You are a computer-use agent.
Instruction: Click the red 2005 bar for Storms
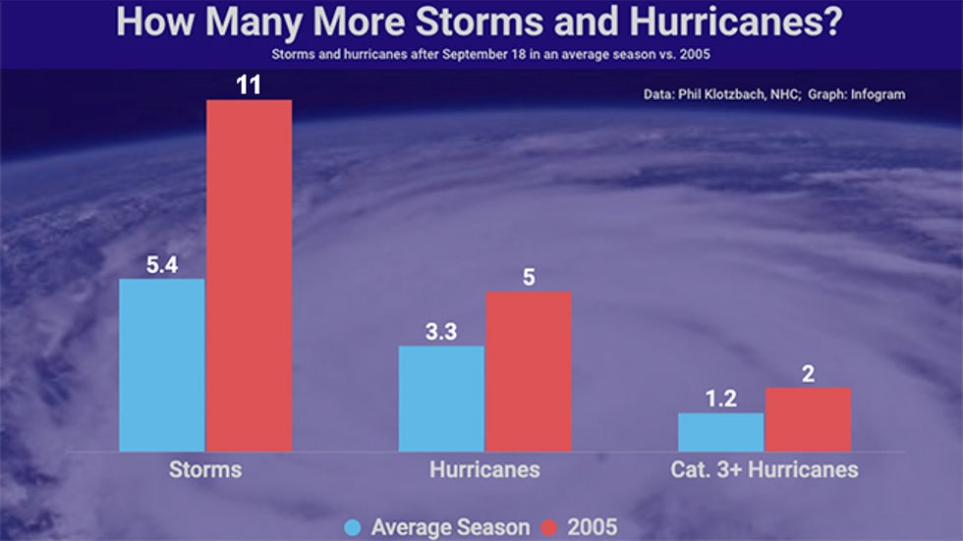click(249, 275)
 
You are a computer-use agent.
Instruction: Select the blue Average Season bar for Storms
click(162, 364)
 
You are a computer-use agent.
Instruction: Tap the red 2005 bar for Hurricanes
click(528, 371)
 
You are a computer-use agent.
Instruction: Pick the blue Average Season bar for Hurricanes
click(441, 398)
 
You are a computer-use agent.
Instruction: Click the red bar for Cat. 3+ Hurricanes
click(808, 419)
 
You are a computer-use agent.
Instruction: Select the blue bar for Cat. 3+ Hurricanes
click(721, 432)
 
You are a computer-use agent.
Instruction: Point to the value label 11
click(249, 84)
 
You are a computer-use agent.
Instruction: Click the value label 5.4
click(162, 264)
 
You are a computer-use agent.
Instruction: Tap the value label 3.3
click(441, 331)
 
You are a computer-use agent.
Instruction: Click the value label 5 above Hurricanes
click(528, 277)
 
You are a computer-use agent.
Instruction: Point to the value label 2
click(808, 373)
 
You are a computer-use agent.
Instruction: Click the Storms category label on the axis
click(205, 469)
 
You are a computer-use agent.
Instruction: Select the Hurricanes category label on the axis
click(484, 469)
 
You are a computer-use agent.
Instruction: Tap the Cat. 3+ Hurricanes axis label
click(765, 469)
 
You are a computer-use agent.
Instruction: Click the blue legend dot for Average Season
click(353, 528)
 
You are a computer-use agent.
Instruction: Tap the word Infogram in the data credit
click(873, 95)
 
